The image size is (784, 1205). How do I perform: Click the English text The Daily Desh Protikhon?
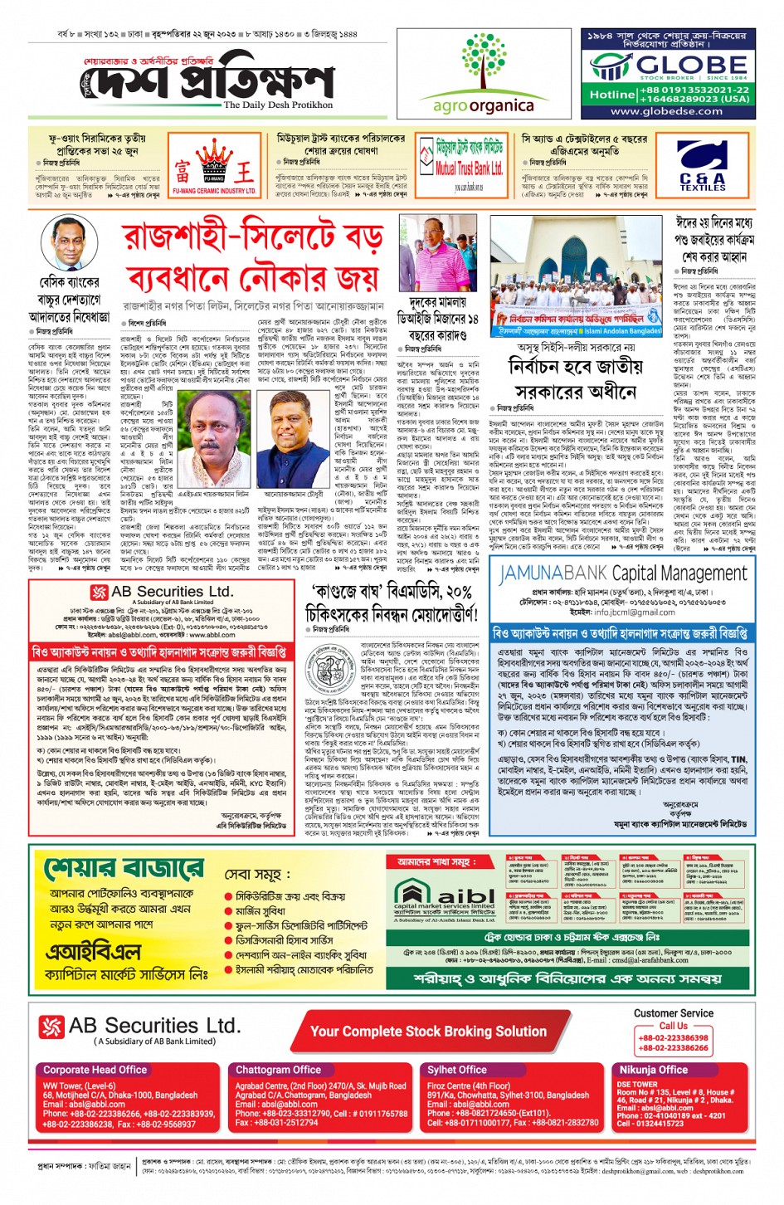pyautogui.click(x=278, y=105)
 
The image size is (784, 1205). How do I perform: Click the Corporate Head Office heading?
pyautogui.click(x=95, y=1070)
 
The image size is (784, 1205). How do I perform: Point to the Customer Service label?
pyautogui.click(x=673, y=1013)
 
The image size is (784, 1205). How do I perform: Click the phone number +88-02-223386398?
pyautogui.click(x=673, y=1037)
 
